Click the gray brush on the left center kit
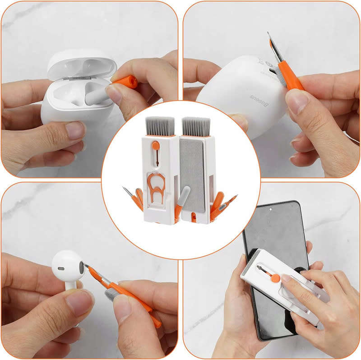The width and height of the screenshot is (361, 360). click(160, 126)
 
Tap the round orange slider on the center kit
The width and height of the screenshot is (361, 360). click(155, 146)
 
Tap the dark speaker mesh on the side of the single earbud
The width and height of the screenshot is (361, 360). click(81, 269)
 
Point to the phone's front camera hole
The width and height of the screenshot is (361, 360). click(269, 209)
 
